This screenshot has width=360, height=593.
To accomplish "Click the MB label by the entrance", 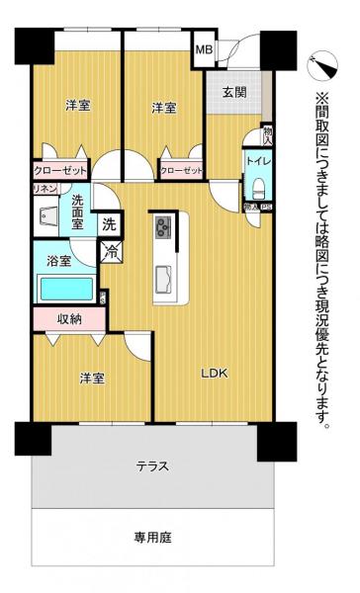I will (204, 49).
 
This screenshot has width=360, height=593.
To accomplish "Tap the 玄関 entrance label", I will (233, 94).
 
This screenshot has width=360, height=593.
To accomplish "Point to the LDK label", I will (216, 373).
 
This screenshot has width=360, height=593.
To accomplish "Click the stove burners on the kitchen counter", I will (161, 229).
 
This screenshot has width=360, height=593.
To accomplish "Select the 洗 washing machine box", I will (110, 223).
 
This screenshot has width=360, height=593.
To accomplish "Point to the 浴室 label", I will (58, 261).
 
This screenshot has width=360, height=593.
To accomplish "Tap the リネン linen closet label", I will (44, 188).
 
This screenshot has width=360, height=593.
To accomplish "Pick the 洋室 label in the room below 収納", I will (93, 377).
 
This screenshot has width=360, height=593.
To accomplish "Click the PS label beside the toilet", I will (266, 207).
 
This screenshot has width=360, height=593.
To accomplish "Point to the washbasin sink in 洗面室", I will (47, 216).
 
